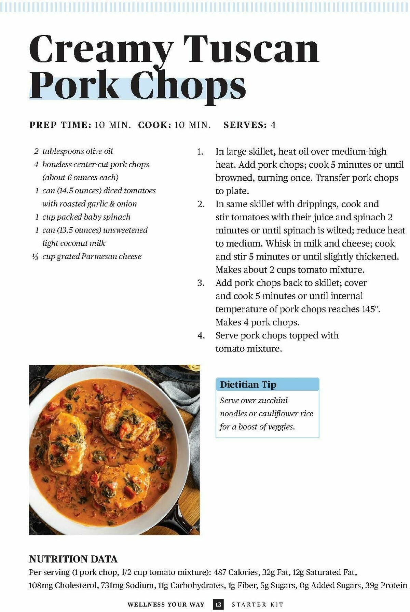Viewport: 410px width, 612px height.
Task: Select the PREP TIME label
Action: (x=60, y=125)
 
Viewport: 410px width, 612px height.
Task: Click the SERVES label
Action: (x=245, y=125)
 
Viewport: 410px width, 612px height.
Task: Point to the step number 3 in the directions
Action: (x=201, y=283)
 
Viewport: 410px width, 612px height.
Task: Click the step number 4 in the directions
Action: (x=201, y=336)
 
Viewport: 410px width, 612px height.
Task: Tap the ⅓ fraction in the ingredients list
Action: (x=35, y=257)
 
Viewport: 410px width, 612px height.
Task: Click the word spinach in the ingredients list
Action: (x=115, y=217)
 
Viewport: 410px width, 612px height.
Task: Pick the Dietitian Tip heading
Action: (x=248, y=385)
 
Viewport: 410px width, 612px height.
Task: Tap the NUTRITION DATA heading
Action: (x=73, y=559)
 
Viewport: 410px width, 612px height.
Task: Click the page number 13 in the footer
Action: (x=218, y=604)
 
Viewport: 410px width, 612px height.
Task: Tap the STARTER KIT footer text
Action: (x=258, y=604)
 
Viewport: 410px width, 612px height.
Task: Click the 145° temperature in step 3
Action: (x=370, y=309)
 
